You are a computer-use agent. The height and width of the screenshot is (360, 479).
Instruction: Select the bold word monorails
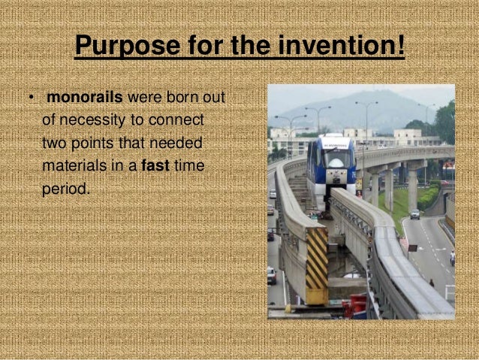[x=85, y=98]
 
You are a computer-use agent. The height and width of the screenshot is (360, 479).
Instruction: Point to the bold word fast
[x=155, y=165]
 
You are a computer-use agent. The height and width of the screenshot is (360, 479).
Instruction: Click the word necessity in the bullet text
[x=93, y=120]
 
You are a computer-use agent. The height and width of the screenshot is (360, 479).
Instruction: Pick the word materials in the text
[x=74, y=165]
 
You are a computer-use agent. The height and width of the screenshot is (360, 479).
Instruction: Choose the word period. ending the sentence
[x=65, y=188]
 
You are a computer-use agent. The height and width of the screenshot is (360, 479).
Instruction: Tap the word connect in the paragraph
[x=183, y=120]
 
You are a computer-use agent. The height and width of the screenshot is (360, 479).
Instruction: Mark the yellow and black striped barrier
[x=316, y=266]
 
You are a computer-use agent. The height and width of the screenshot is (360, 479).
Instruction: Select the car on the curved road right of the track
[x=414, y=214]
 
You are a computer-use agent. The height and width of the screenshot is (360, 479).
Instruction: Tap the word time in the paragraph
[x=188, y=165]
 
